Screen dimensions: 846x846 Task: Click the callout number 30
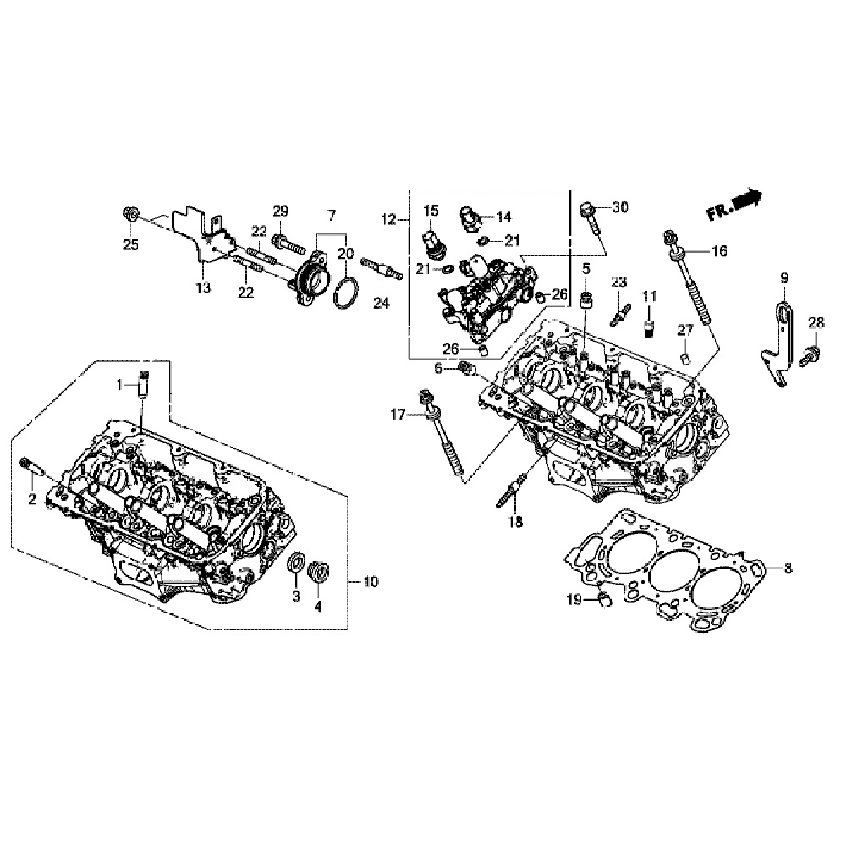(x=620, y=208)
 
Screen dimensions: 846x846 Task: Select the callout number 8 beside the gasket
(x=788, y=569)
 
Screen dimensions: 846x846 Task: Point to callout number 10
(x=371, y=582)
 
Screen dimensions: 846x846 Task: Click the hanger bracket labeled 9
(x=781, y=338)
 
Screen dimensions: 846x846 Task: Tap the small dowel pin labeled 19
(x=605, y=601)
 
